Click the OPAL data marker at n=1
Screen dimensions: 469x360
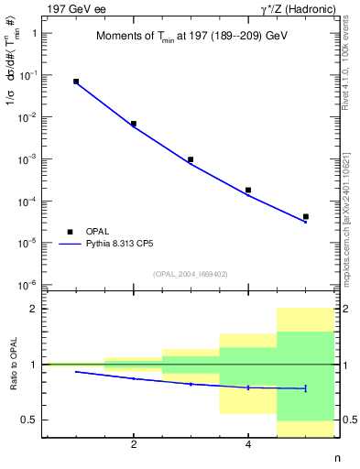(x=76, y=82)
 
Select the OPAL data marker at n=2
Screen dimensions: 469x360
(x=134, y=124)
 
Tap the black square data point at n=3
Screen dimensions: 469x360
(x=191, y=159)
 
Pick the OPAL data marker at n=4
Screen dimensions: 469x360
(x=248, y=190)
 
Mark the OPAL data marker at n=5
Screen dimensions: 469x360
(x=305, y=217)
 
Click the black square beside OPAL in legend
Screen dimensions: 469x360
(x=71, y=232)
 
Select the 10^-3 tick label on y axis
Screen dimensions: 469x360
(x=30, y=159)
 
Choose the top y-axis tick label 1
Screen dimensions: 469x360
(x=35, y=33)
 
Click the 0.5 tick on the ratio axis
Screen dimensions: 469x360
(x=29, y=420)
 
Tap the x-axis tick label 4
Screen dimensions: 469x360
(x=248, y=445)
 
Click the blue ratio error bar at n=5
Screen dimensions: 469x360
(x=305, y=388)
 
